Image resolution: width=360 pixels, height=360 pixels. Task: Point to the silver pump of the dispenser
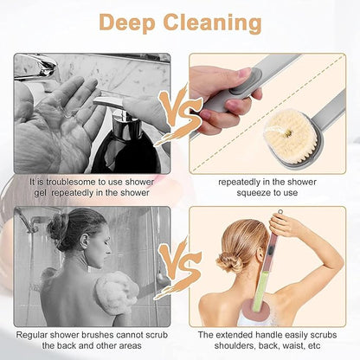coord(111,106)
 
